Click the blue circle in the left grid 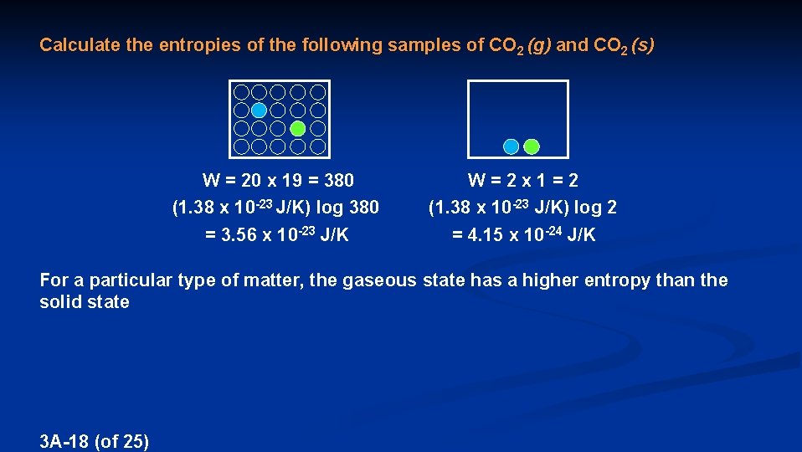(x=260, y=110)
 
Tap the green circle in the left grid (x=297, y=129)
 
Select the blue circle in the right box (x=512, y=146)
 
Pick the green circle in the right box (x=532, y=146)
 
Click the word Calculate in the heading (x=80, y=45)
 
